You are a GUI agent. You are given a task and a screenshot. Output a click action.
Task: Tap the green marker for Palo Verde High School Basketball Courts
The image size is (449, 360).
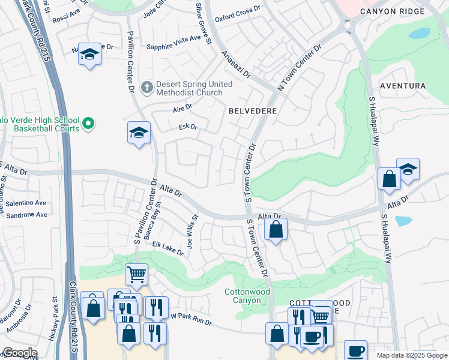(x=88, y=124)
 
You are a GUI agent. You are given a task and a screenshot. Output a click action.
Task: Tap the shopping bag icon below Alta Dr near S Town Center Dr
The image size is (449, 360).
(x=276, y=229)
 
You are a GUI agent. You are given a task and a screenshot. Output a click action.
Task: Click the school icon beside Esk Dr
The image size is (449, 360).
(x=139, y=132)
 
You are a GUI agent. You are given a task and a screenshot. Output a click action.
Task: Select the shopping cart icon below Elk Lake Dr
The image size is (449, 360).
(x=136, y=275)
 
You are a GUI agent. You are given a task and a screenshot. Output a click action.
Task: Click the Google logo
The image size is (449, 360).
(x=19, y=353)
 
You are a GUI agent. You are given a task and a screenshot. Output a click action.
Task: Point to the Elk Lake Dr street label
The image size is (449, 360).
(x=168, y=248)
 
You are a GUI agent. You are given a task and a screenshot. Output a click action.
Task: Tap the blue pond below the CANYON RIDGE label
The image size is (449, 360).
(x=419, y=33)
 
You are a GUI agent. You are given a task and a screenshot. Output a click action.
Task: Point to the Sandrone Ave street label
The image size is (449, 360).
(x=26, y=214)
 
